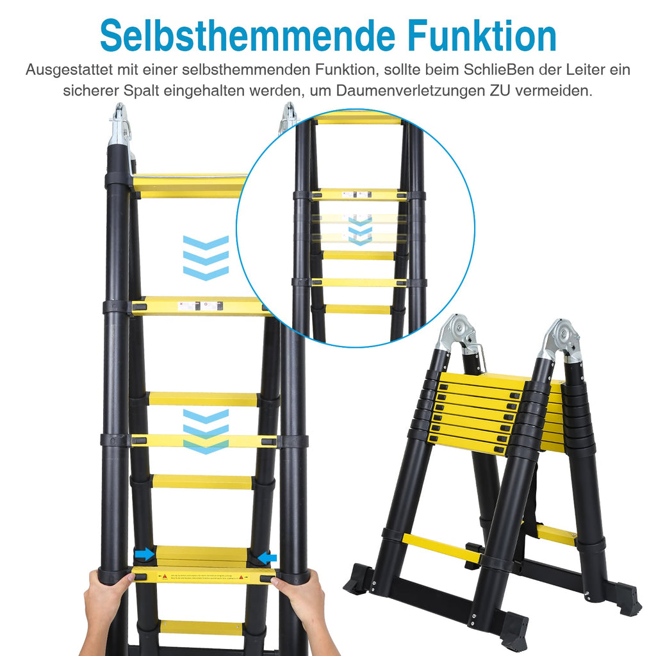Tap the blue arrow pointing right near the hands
click(145, 554)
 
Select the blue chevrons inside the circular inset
click(360, 230)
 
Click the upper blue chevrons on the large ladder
click(206, 258)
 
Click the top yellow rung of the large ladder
click(189, 185)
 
